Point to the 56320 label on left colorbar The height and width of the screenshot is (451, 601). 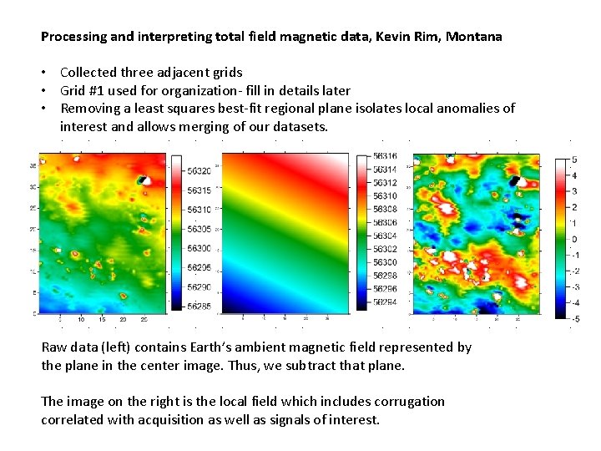click(x=199, y=171)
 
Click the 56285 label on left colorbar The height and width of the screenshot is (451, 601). click(x=199, y=306)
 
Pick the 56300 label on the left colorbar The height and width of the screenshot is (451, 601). click(x=199, y=248)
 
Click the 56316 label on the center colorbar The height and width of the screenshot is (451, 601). click(x=386, y=156)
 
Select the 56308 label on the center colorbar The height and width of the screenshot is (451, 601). click(x=386, y=209)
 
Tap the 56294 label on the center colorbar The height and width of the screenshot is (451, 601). click(x=386, y=302)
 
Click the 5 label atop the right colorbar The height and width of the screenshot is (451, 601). click(x=574, y=160)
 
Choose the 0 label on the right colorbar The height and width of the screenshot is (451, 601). click(x=574, y=239)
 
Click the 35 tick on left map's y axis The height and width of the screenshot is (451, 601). click(x=32, y=165)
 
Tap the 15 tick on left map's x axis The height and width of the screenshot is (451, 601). click(x=102, y=320)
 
